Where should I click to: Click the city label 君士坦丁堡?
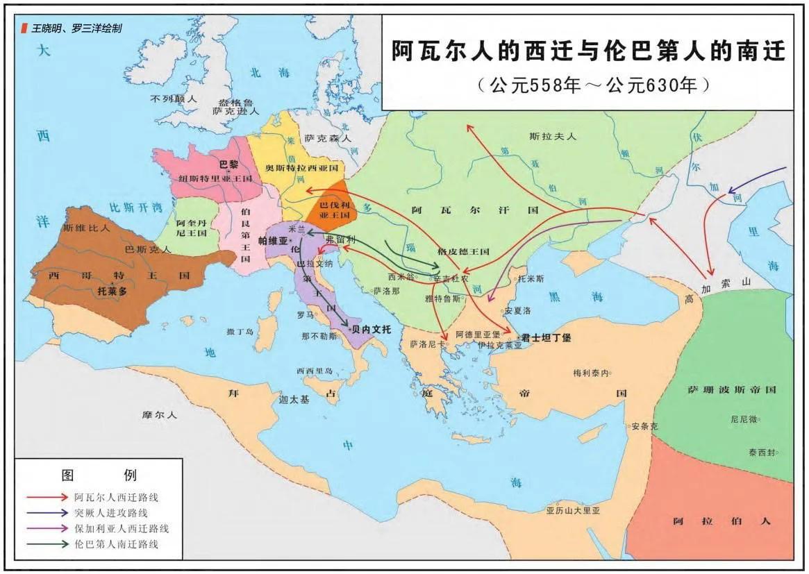click(547, 337)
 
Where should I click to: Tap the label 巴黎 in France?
click(228, 165)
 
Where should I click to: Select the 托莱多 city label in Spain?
click(112, 292)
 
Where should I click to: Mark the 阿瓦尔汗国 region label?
click(474, 210)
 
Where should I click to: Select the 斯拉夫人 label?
click(553, 137)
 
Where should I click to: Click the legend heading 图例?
click(99, 475)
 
